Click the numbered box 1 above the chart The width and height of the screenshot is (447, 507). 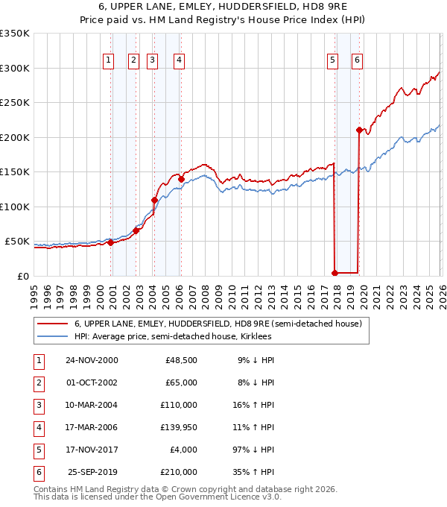tap(109, 60)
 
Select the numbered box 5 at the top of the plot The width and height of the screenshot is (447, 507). tap(332, 60)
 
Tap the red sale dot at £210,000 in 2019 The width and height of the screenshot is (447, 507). tap(359, 130)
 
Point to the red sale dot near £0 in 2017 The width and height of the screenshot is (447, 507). tap(335, 273)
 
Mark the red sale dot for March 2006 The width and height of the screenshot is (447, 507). tap(181, 179)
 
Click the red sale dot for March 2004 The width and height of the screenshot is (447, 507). tap(154, 200)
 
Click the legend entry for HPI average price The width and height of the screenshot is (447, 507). tap(173, 336)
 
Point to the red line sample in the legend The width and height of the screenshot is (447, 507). tap(52, 324)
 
